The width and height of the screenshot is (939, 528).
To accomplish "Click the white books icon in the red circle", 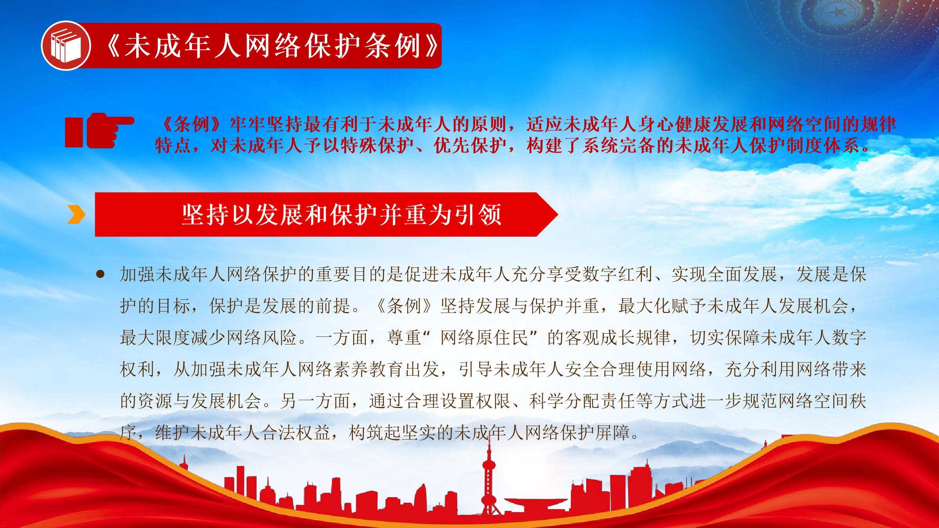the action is pos(66,46).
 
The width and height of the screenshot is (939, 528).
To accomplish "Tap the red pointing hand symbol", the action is pos(100,131).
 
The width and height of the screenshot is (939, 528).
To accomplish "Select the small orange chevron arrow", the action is pos(76,214).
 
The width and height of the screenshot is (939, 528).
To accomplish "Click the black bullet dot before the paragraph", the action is pos(101,274).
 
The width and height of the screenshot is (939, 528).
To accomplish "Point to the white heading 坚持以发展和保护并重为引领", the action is pos(342,214).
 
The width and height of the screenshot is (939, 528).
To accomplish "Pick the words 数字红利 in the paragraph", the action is pos(617,274).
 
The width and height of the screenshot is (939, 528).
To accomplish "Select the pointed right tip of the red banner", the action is pos(558,214).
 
